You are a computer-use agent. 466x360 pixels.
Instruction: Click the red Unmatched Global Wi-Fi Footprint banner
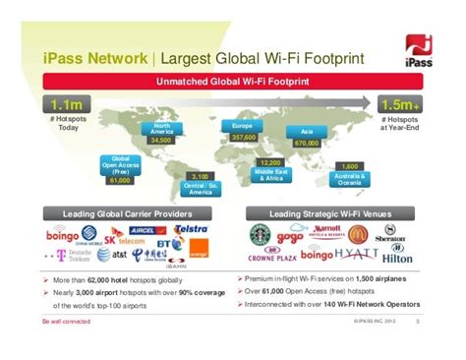232,81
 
